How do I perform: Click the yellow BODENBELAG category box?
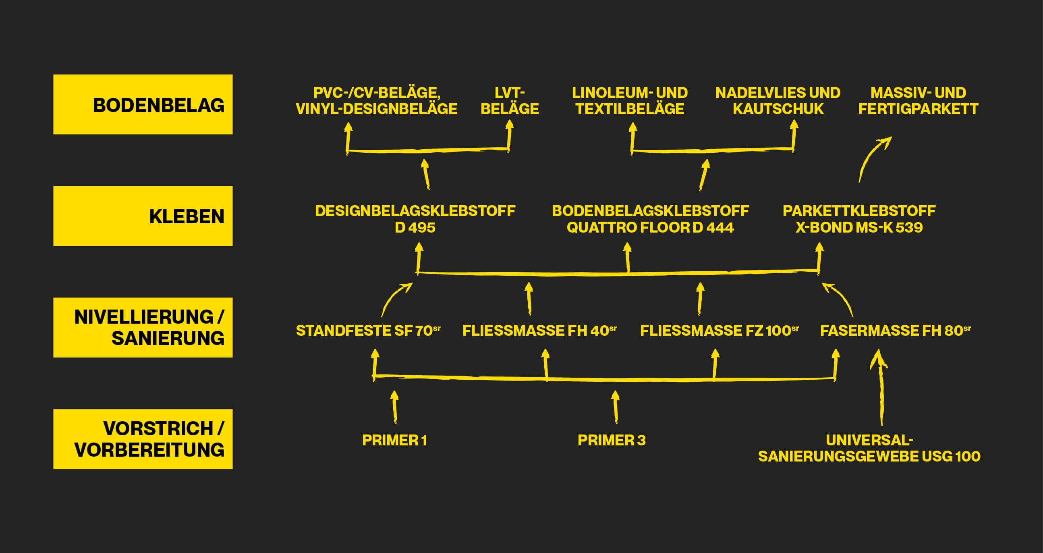(x=143, y=104)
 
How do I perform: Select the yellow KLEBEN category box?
(x=143, y=216)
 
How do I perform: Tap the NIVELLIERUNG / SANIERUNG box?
(x=143, y=327)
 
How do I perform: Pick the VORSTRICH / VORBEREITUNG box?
(x=143, y=439)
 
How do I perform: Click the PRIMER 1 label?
(x=394, y=441)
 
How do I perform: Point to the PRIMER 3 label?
(x=612, y=441)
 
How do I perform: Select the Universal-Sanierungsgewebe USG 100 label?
(x=869, y=449)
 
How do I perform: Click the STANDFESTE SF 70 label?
(x=368, y=331)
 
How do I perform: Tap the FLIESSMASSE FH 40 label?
(x=539, y=331)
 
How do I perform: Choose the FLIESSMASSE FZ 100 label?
(x=719, y=331)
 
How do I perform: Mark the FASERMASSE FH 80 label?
(x=895, y=331)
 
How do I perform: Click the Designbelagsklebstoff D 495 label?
(x=415, y=219)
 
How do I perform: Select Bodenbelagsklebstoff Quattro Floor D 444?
(x=650, y=219)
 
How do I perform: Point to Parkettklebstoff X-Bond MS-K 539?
(x=859, y=219)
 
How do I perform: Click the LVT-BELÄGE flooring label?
(x=509, y=101)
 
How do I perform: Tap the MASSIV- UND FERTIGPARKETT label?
(x=918, y=101)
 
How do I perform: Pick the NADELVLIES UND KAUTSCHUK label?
(x=778, y=101)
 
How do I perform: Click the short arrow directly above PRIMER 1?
(x=394, y=406)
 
